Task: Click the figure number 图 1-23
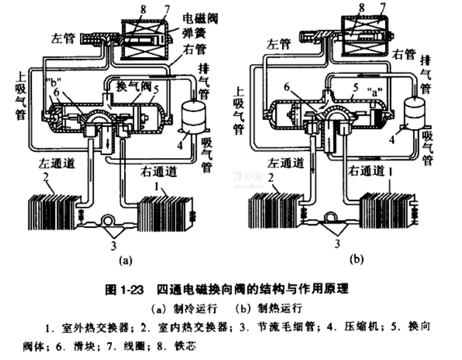point(124,290)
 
